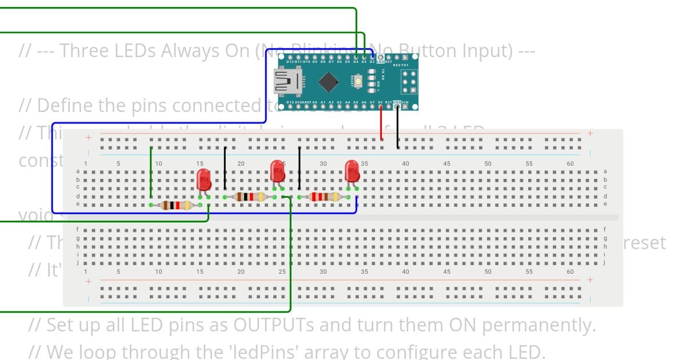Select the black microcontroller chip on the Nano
(328, 82)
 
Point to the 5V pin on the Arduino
(380, 106)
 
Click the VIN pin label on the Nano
(405, 102)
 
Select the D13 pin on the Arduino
(290, 106)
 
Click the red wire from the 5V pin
(381, 123)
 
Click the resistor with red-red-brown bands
(324, 197)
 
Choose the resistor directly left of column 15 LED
(175, 205)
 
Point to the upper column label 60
(570, 163)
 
